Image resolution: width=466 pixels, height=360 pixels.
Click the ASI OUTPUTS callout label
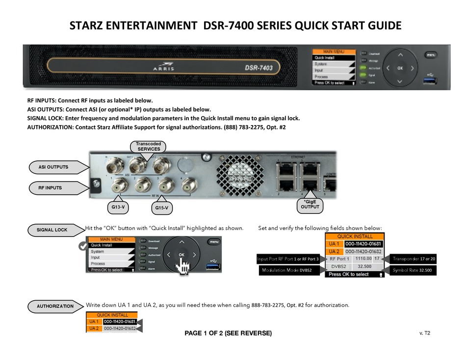53,167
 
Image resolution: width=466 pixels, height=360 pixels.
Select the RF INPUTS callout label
51,187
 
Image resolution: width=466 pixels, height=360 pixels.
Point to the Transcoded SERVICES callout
148,146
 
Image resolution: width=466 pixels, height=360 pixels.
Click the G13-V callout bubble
118,207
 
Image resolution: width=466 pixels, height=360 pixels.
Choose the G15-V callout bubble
162,208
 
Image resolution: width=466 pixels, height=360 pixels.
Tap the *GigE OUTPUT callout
311,204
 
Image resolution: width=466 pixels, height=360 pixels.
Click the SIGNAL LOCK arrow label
52,230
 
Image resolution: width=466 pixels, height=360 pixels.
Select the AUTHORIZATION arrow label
55,306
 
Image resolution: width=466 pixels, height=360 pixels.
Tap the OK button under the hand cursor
181,255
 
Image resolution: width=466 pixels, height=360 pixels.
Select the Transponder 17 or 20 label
414,258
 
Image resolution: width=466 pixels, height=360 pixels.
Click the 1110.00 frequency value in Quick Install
363,258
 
